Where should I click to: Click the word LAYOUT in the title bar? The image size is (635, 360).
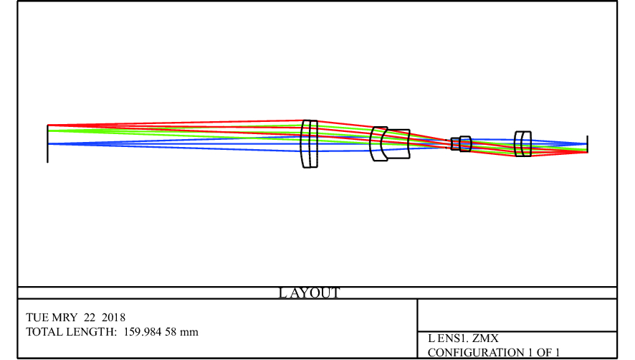pyautogui.click(x=310, y=293)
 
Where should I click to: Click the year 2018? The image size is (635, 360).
pyautogui.click(x=113, y=318)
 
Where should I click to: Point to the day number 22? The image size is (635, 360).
pyautogui.click(x=90, y=318)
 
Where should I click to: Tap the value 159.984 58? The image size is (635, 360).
pyautogui.click(x=150, y=332)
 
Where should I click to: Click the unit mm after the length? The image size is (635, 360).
pyautogui.click(x=189, y=332)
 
